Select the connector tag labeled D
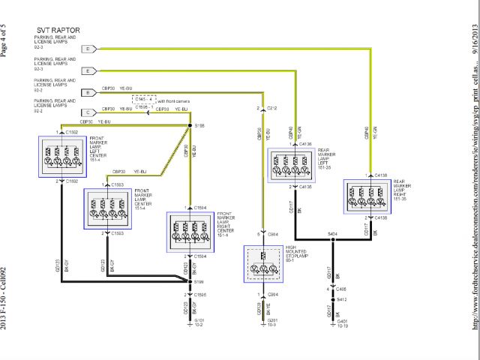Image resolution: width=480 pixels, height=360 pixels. click(88, 49)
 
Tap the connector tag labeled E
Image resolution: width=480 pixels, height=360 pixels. click(88, 70)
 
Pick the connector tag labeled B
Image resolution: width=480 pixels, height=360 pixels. click(88, 92)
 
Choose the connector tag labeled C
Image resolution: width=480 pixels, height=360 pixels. click(88, 112)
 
